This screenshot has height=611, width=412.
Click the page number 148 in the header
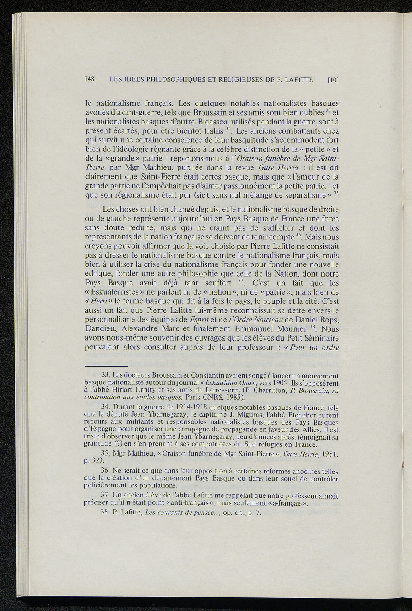point(89,79)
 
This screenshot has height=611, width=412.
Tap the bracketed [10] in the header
point(333,80)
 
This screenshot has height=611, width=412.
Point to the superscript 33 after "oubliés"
point(328,110)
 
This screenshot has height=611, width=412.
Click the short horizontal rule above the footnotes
point(106,366)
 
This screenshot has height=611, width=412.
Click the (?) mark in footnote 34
point(119,444)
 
